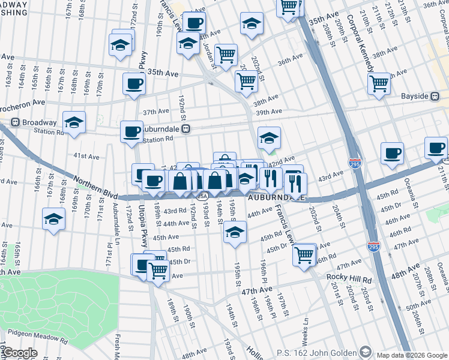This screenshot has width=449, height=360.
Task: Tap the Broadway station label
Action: tap(38, 122)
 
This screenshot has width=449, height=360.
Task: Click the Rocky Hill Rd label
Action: tap(349, 278)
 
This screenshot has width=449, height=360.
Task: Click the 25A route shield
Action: tap(203, 196)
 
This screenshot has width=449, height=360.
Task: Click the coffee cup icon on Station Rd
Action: tap(131, 131)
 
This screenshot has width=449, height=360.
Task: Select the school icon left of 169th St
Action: tap(54, 219)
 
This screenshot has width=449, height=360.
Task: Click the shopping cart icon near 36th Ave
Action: tap(226, 55)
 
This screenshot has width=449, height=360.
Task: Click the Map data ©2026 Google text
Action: tap(412, 355)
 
